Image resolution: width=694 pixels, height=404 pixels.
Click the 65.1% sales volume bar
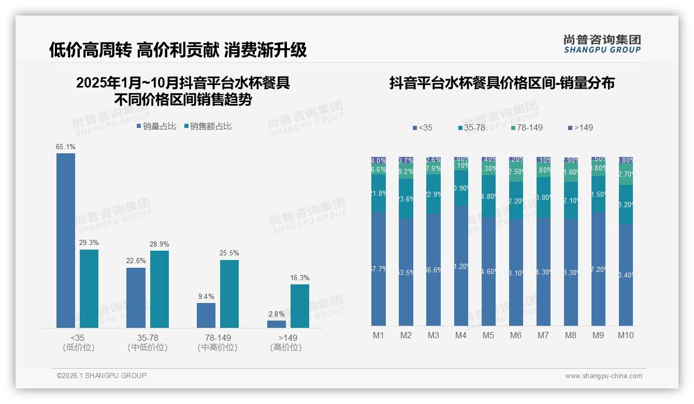coord(66,240)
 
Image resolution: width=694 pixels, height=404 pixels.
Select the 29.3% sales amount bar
coord(89,288)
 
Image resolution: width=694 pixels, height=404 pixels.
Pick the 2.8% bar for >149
coord(277,324)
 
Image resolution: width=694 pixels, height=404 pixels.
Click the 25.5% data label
coord(229,253)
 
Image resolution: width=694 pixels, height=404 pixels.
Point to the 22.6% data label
coord(136,261)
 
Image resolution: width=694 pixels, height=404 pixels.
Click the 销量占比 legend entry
coord(156,126)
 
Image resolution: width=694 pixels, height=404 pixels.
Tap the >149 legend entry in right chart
coord(581,127)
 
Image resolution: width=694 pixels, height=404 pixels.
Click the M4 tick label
coord(461,336)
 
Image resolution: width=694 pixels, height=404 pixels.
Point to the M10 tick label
coord(626,336)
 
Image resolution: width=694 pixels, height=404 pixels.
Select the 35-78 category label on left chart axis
coord(148,338)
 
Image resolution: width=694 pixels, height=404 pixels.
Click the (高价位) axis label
coord(286,348)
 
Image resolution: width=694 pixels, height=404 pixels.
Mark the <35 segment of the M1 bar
coord(379,268)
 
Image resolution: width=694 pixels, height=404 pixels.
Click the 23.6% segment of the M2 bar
coord(406,198)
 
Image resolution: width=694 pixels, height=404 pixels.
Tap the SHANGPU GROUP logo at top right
coord(602,44)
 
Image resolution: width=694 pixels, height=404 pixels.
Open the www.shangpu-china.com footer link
coord(603,376)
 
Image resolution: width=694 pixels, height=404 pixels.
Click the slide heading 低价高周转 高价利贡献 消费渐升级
coord(178,50)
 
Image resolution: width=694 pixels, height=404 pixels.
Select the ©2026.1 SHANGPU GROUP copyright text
coord(102,376)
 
